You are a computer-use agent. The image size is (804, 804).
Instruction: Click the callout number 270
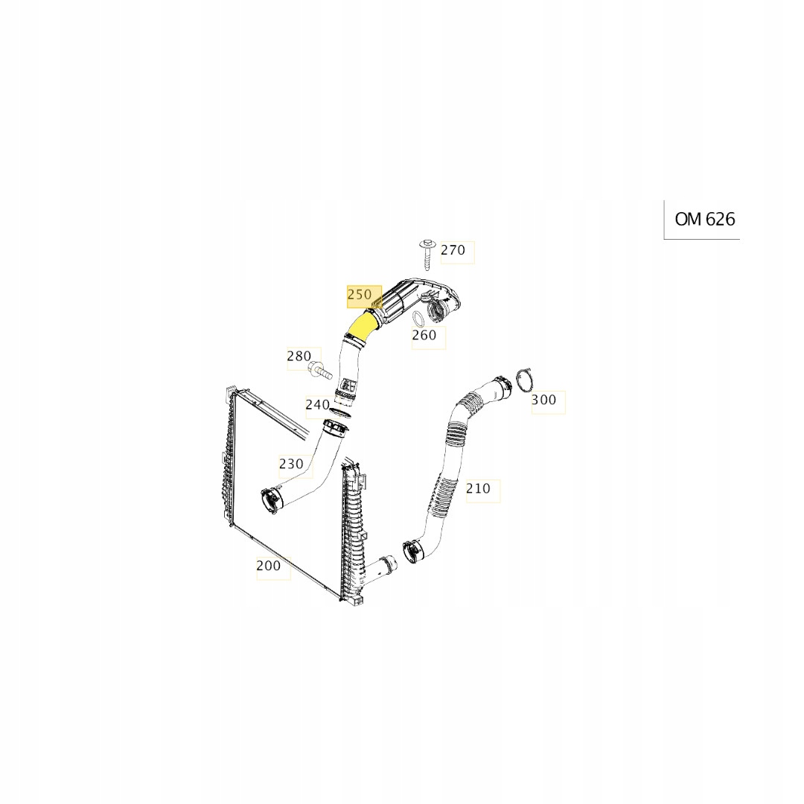point(453,250)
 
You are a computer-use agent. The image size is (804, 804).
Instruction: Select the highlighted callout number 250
point(360,295)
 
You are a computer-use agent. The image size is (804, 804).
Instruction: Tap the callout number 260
point(424,336)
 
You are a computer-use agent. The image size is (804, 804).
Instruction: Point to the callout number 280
point(299,357)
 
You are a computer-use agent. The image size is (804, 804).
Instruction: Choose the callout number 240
point(317,405)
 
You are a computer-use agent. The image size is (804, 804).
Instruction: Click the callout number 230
point(291,464)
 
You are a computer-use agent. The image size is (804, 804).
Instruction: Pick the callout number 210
point(478,488)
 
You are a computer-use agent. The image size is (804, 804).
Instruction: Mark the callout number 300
point(543,400)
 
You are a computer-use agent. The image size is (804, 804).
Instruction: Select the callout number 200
point(269,566)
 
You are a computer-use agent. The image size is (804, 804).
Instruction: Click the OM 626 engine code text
point(704,219)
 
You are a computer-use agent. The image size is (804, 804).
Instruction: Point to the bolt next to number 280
point(319,367)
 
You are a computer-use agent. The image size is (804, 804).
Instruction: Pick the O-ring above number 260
point(419,319)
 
